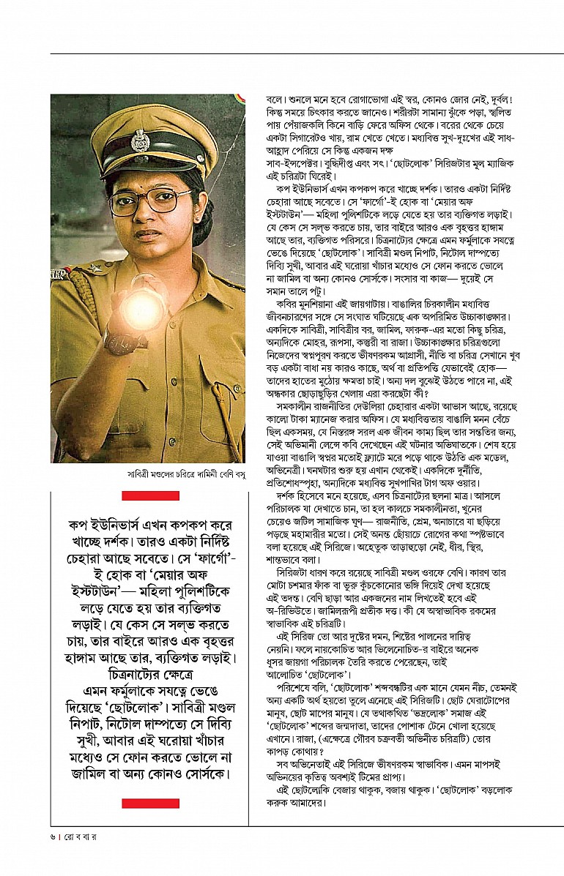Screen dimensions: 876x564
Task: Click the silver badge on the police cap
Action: (139, 140)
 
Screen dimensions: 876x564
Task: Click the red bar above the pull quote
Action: (150, 495)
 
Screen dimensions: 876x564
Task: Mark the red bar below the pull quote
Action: (150, 804)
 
